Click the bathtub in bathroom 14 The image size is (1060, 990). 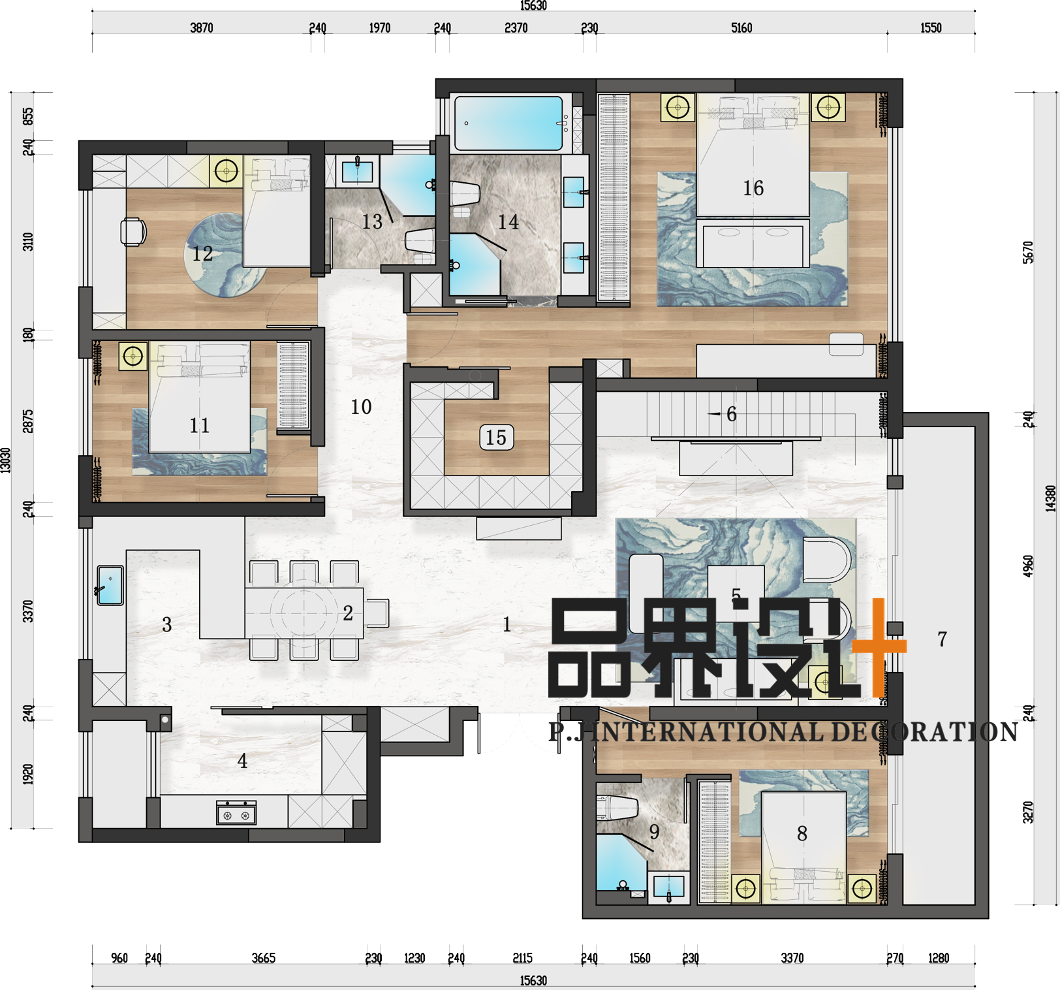point(508,123)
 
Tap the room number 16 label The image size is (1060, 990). point(753,188)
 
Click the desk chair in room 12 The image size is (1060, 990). point(133,232)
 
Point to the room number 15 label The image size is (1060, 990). point(496,438)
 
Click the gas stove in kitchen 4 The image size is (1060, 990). point(236,813)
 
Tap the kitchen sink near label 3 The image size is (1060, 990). point(110,585)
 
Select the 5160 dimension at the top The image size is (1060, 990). point(741,28)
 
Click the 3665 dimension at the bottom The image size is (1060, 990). point(264,958)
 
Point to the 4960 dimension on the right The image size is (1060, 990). point(1029,566)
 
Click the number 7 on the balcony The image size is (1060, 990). point(942,639)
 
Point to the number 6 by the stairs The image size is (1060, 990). point(732,414)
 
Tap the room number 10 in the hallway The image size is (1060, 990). point(361,407)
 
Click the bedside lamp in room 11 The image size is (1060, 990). point(133,357)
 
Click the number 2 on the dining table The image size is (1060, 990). point(348,613)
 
